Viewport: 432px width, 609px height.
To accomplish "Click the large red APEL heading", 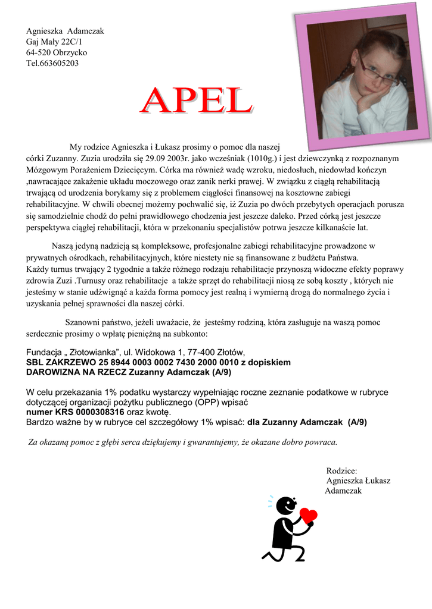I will click(x=196, y=102).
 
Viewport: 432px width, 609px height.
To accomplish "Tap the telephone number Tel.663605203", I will click(x=52, y=63).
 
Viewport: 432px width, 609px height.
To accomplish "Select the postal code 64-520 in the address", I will click(x=39, y=52).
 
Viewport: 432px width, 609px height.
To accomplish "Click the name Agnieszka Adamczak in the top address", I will click(x=65, y=31).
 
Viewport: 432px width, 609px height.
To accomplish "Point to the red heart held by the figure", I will click(x=308, y=515).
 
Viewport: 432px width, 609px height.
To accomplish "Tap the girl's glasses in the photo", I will click(x=378, y=71).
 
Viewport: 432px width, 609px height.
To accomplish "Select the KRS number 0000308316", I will click(x=95, y=412).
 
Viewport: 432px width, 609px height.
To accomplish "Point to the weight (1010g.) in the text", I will click(x=256, y=159).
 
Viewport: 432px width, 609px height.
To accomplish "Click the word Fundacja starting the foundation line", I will click(x=46, y=351).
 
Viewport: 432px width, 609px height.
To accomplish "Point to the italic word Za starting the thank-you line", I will click(x=34, y=442).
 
